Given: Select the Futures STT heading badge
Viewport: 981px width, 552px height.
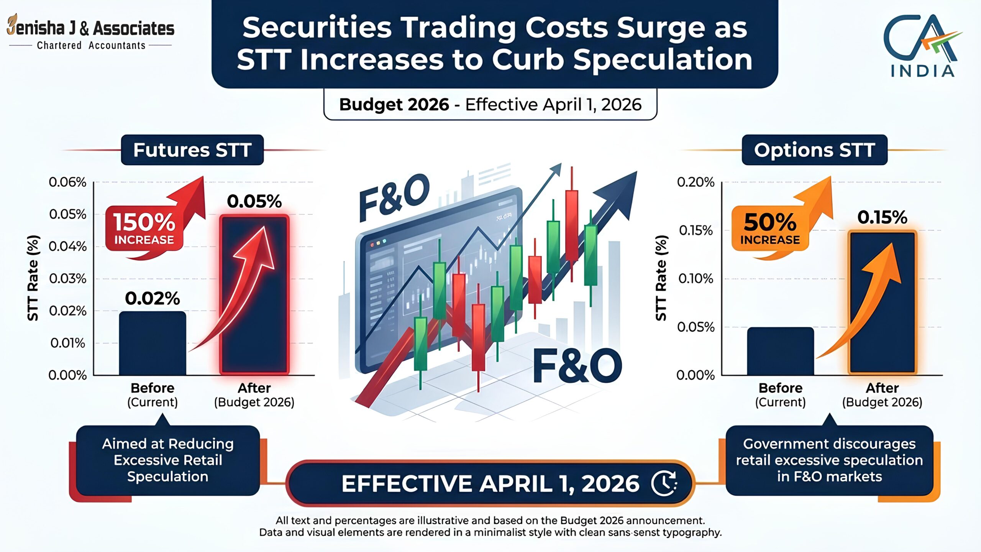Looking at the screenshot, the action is point(192,150).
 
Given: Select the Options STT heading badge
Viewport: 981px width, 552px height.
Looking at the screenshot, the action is point(815,150).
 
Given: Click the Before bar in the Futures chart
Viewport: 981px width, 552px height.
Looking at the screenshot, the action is point(153,343).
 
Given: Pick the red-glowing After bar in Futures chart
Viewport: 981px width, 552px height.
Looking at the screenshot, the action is point(254,295).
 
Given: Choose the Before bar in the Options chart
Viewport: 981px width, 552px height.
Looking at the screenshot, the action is point(781,351).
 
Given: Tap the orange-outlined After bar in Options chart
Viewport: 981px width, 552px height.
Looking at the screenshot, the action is point(882,302).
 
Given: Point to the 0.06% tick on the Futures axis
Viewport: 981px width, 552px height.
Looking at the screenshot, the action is point(67,182).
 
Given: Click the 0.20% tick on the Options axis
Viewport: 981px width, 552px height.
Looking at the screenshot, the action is point(696,182).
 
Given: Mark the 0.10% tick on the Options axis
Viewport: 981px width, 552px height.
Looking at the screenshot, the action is point(696,279).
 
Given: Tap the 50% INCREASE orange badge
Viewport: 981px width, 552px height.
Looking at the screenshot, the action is point(770,229).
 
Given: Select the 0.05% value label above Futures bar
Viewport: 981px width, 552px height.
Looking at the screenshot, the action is point(254,201).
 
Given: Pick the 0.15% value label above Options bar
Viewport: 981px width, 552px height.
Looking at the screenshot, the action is point(882,217).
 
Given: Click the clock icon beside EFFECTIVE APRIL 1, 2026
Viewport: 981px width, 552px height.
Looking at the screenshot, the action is point(664,483).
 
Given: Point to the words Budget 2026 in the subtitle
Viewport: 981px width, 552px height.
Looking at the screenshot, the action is point(394,105).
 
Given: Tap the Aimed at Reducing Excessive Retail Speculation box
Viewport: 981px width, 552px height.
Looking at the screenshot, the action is point(168,460).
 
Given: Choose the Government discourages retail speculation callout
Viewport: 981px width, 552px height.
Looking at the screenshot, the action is point(829,460).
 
